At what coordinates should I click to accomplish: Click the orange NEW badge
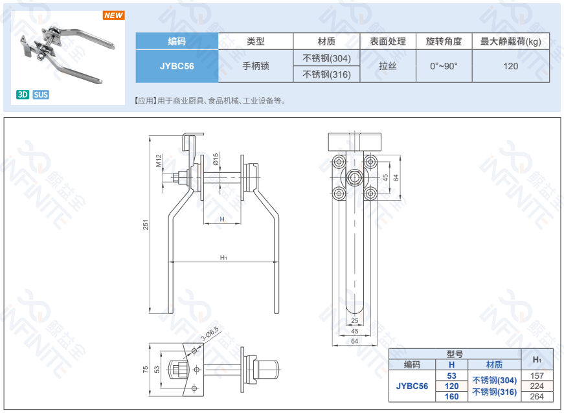(113, 16)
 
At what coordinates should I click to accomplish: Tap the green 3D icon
(23, 95)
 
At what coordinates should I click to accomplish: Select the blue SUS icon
(41, 95)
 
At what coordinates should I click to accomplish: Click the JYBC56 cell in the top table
(177, 66)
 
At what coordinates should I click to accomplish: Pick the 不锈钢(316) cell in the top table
(326, 74)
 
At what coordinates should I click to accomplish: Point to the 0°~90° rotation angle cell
(444, 66)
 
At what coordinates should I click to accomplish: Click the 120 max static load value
(511, 66)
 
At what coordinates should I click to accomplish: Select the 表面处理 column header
(388, 41)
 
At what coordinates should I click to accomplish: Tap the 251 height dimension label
(145, 225)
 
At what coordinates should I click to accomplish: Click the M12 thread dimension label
(158, 161)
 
